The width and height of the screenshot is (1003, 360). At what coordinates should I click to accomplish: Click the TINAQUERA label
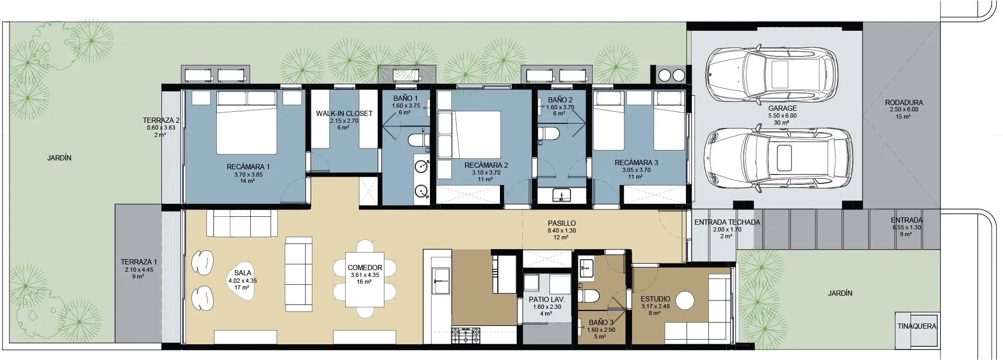tap(917, 326)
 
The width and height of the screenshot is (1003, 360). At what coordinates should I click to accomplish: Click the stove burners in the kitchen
tap(465, 334)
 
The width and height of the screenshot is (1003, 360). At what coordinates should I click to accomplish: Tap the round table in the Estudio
tap(684, 301)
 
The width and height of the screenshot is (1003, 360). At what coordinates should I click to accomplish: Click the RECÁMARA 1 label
tap(248, 167)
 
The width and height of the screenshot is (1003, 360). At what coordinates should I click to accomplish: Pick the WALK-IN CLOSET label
tap(344, 113)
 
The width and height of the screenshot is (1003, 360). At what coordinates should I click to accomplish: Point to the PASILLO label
tap(562, 223)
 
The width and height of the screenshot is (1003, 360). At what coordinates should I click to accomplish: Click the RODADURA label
tap(904, 102)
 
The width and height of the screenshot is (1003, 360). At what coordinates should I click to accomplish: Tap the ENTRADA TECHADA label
tap(727, 222)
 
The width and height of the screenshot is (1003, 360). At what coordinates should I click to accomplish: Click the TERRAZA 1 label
tap(138, 262)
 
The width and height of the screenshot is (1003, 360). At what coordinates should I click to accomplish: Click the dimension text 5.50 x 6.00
tap(782, 116)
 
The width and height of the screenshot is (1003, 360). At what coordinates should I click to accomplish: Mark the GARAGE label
tap(783, 109)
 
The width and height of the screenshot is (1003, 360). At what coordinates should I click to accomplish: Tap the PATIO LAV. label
tap(547, 299)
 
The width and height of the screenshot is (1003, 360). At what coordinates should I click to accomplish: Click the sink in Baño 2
tap(562, 196)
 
